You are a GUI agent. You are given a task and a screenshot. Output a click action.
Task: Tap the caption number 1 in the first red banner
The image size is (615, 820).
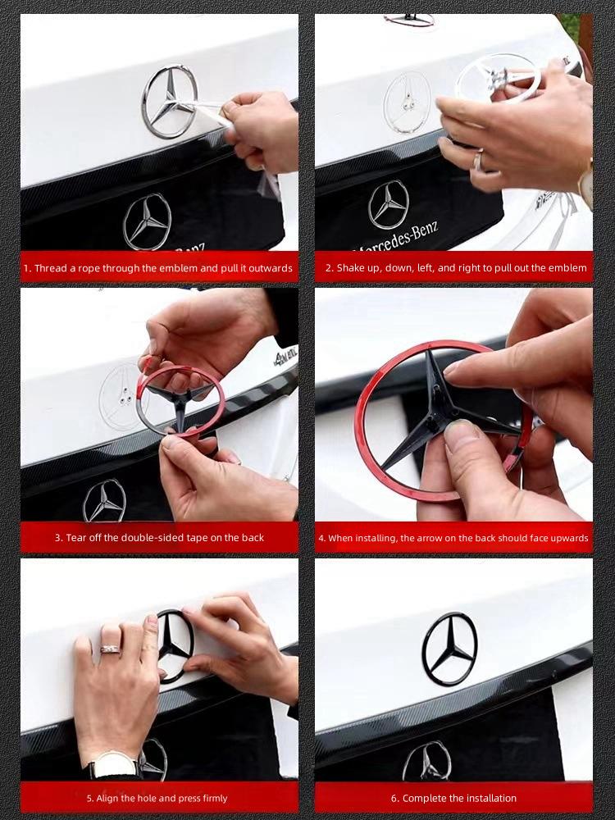26,268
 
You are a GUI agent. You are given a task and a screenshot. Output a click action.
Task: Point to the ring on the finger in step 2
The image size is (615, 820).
477,161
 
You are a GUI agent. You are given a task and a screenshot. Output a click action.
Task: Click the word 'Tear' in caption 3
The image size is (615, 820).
76,538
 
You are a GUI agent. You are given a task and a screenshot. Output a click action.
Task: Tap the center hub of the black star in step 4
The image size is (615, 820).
440,407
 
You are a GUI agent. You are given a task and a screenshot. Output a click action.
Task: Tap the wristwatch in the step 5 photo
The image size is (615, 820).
113,765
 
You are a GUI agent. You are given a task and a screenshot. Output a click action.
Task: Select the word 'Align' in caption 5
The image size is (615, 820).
110,798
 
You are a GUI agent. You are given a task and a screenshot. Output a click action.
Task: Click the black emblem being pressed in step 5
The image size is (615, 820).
174,645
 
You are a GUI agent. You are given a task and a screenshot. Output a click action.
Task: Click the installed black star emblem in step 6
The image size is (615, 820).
449,649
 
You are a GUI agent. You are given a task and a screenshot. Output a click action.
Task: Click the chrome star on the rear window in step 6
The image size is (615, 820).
427,762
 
